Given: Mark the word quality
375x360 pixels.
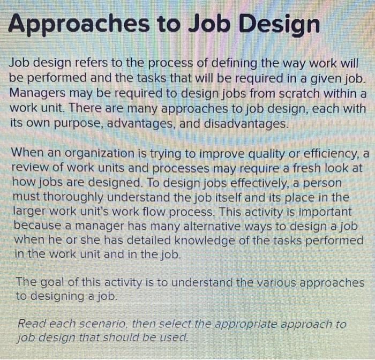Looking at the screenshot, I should point(262,154).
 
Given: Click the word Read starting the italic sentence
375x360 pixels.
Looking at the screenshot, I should point(31,324).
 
